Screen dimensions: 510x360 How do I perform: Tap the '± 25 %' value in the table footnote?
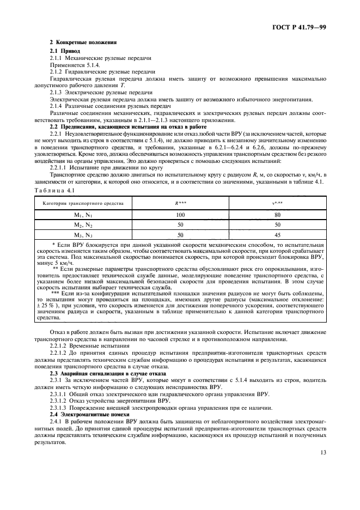pyautogui.click(x=46, y=299)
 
